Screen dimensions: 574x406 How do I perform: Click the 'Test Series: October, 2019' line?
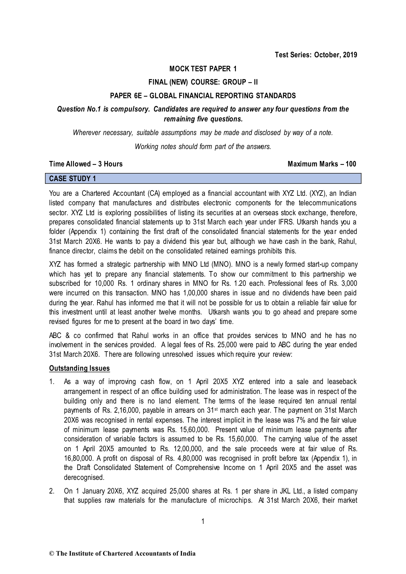click(316, 55)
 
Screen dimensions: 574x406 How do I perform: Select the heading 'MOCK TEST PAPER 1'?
click(203, 69)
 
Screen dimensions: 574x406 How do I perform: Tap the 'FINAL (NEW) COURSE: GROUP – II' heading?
click(203, 82)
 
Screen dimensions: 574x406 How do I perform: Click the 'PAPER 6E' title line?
click(203, 96)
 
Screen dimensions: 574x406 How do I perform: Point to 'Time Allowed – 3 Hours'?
click(86, 164)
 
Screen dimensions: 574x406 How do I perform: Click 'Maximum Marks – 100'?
click(322, 164)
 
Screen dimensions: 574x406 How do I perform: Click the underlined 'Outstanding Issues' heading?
click(79, 368)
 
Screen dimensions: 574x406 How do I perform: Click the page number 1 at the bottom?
click(203, 521)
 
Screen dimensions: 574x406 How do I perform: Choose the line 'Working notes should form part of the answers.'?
click(203, 147)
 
